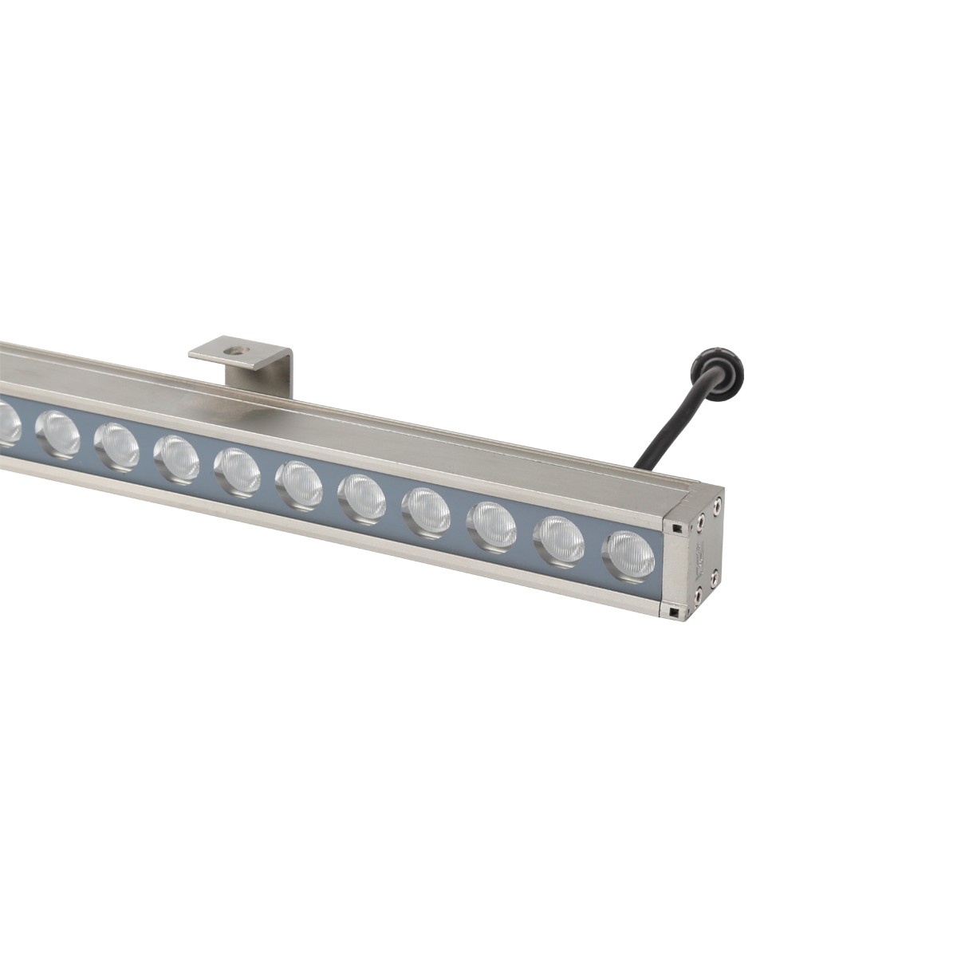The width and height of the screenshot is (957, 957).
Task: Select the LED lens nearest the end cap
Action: click(x=629, y=553)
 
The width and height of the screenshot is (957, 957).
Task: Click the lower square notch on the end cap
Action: click(x=675, y=612)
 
